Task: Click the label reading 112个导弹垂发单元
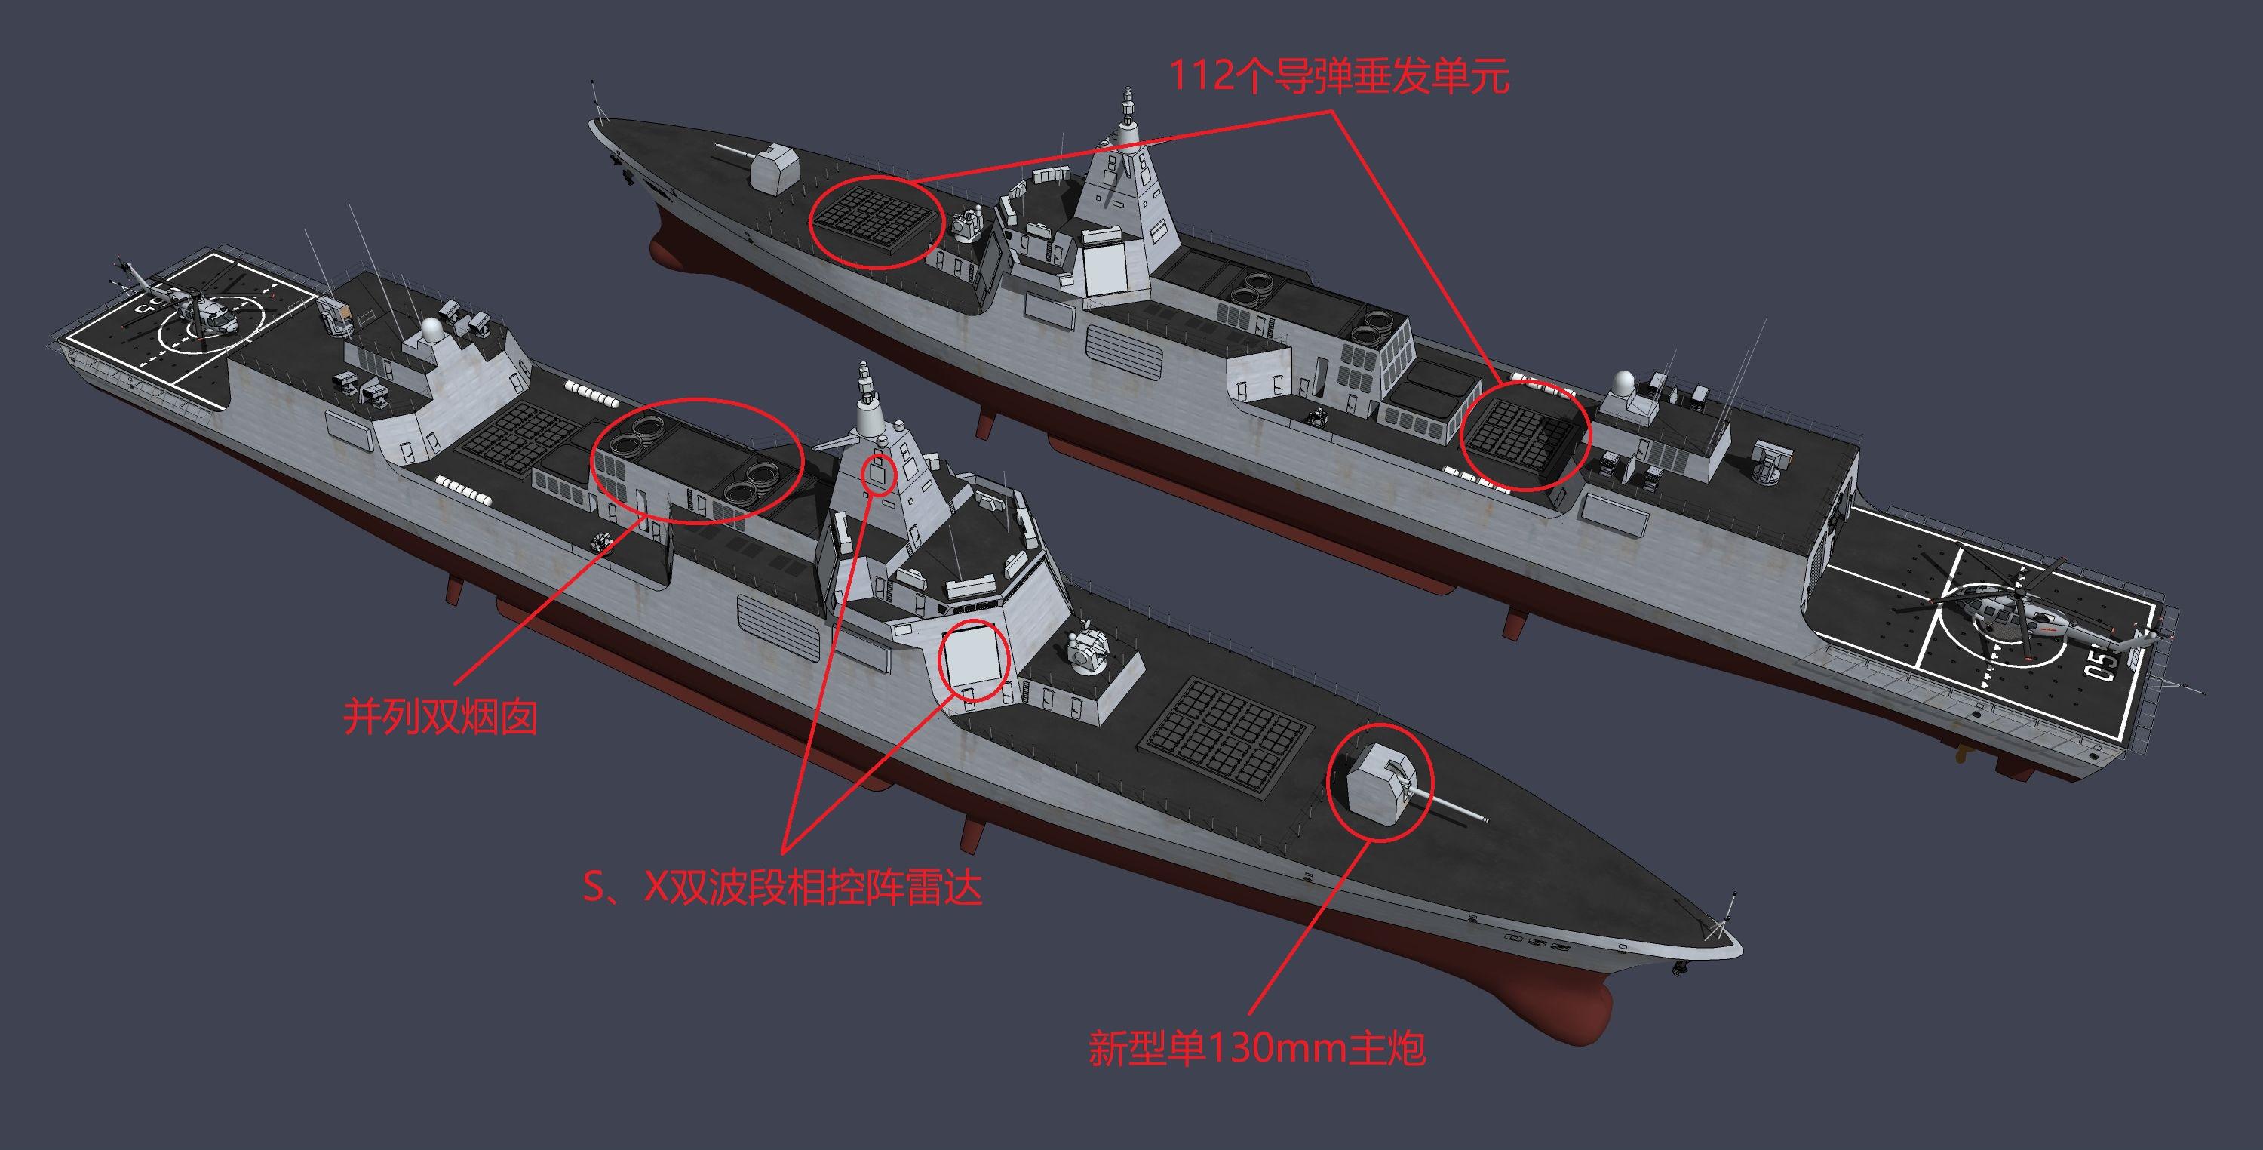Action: click(x=1338, y=77)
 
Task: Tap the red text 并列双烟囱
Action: click(x=439, y=717)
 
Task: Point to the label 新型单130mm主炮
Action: click(x=1256, y=1048)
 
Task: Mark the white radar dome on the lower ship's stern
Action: click(x=432, y=332)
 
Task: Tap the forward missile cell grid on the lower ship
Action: click(x=1227, y=732)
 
